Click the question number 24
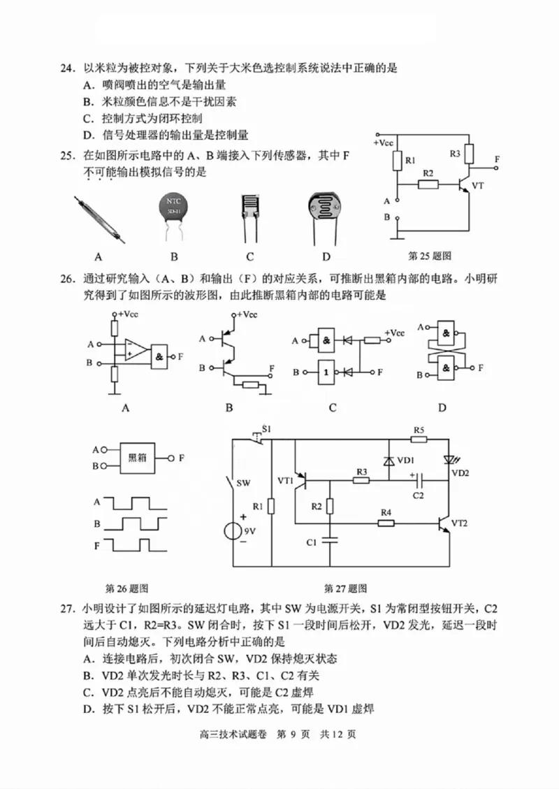[x=66, y=68]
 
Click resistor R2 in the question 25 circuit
[x=428, y=184]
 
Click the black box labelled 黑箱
[x=137, y=458]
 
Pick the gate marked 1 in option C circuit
[x=326, y=372]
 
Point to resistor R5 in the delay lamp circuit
[x=419, y=440]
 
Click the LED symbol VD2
[x=448, y=460]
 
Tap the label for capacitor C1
[x=312, y=542]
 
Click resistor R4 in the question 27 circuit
[x=386, y=523]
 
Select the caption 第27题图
[x=345, y=588]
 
